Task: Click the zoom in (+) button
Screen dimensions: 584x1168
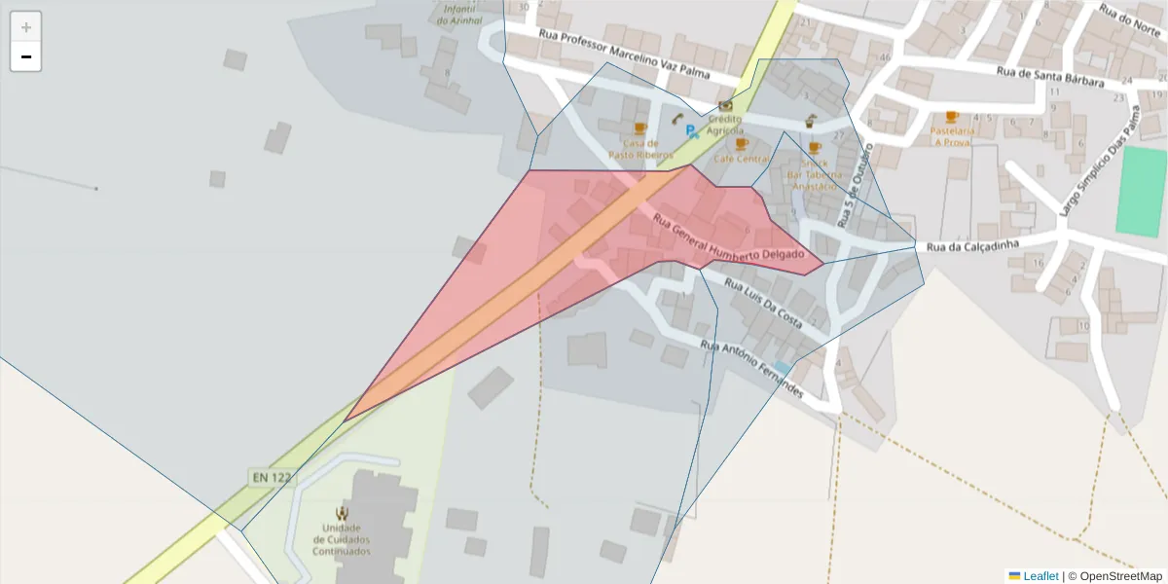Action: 26,27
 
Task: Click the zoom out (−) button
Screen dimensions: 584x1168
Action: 26,56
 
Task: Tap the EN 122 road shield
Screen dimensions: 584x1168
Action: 272,477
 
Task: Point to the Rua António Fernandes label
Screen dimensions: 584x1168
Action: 752,369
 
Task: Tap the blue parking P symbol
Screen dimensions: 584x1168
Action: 691,131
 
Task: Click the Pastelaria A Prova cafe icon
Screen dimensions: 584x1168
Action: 951,117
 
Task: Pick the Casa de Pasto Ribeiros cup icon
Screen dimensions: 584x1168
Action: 639,128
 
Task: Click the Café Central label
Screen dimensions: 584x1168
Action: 741,159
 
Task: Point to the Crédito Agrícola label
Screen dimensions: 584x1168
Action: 725,125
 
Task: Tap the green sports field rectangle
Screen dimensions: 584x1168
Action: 1140,193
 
